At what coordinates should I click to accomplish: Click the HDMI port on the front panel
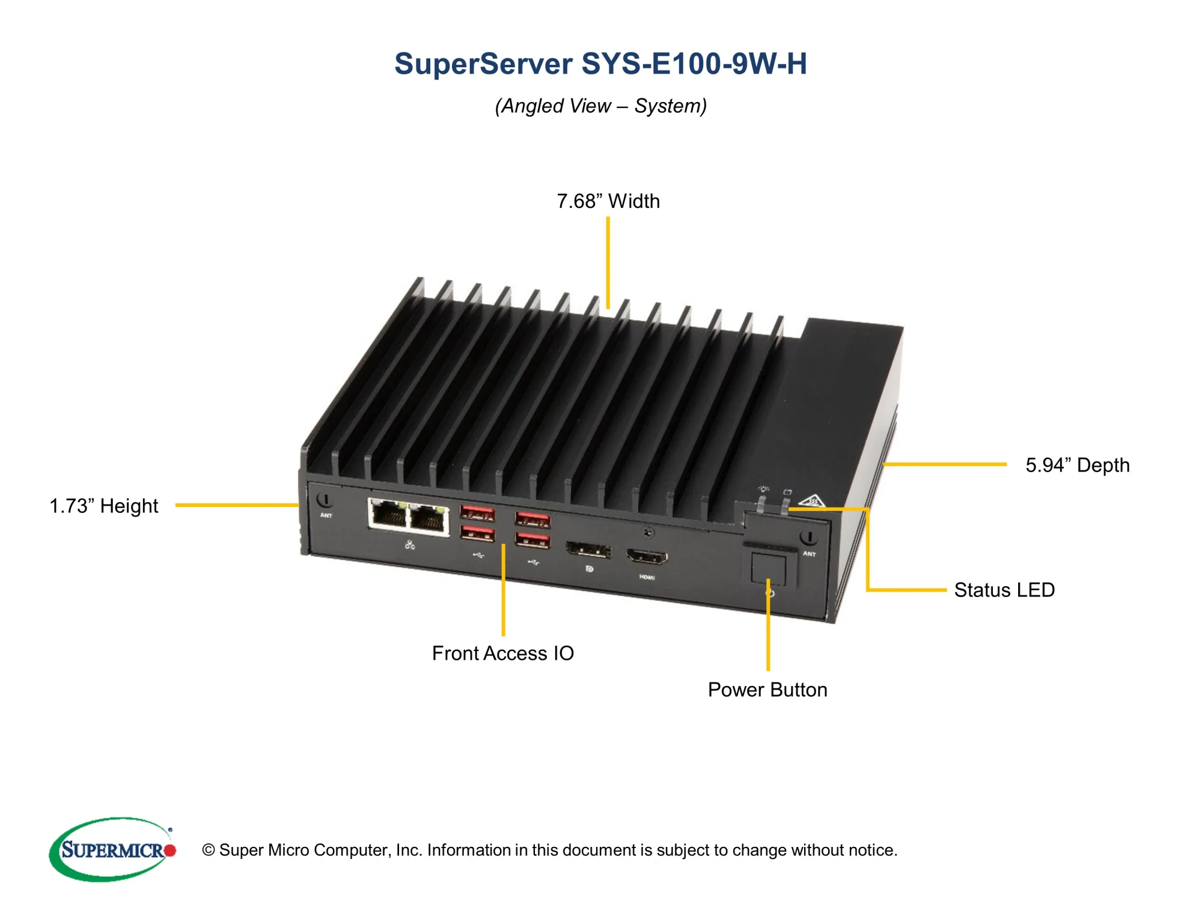[x=647, y=557]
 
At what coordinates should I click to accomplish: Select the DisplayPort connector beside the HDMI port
[x=588, y=550]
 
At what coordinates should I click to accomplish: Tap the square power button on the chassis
[x=768, y=569]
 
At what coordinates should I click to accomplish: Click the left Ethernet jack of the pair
[x=388, y=515]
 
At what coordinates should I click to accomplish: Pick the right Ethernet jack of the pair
[x=428, y=518]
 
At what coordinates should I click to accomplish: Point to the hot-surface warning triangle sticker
[x=812, y=500]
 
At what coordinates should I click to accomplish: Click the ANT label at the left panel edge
[x=326, y=515]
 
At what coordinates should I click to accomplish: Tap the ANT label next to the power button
[x=809, y=554]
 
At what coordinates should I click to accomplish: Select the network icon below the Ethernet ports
[x=410, y=545]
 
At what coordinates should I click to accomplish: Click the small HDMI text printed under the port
[x=647, y=577]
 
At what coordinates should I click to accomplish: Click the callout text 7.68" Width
[x=608, y=201]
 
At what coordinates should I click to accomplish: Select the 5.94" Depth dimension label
[x=1077, y=465]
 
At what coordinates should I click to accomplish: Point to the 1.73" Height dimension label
[x=103, y=506]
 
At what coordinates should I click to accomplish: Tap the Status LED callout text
[x=1004, y=590]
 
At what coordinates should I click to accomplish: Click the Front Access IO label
[x=502, y=653]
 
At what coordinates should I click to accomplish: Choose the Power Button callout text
[x=767, y=690]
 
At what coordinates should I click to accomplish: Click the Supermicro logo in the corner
[x=112, y=849]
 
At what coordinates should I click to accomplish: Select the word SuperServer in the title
[x=483, y=64]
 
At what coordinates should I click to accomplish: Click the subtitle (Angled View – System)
[x=600, y=106]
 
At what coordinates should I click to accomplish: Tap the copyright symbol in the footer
[x=209, y=850]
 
